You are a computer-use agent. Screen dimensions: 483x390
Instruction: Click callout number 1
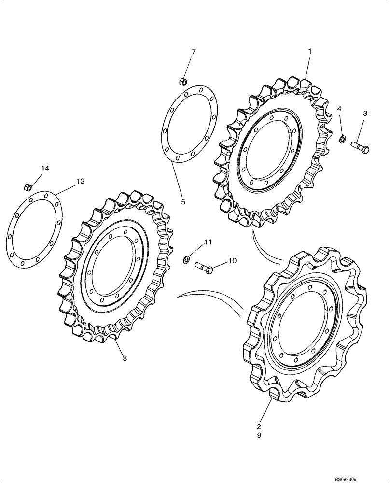click(309, 51)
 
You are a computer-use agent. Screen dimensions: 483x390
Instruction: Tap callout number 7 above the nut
click(194, 51)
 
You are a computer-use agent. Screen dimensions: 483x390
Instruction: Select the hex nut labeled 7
click(183, 80)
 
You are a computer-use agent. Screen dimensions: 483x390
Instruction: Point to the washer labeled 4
click(342, 140)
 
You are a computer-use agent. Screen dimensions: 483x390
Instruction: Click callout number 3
click(365, 114)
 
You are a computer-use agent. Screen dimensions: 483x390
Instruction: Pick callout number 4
click(340, 110)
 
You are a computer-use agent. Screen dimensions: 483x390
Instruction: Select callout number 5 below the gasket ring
click(183, 202)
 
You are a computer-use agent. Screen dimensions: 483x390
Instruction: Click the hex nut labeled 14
click(28, 186)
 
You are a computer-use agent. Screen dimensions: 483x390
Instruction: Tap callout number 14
click(45, 168)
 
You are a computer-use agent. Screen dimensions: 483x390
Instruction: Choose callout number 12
click(80, 181)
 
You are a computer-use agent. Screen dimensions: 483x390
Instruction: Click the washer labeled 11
click(186, 261)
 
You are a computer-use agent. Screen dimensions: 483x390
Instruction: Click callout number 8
click(125, 358)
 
